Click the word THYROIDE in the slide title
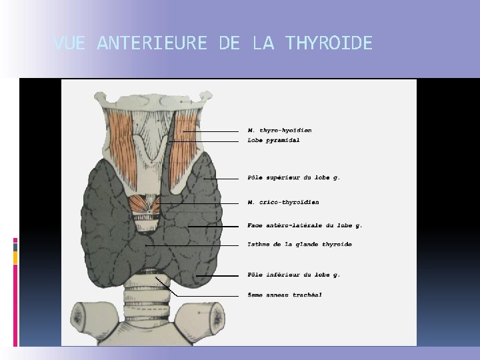[329, 44]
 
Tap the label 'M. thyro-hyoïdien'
[279, 131]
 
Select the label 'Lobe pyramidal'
[273, 141]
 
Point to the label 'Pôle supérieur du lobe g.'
[294, 178]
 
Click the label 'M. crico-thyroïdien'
[283, 202]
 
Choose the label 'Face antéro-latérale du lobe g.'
[305, 226]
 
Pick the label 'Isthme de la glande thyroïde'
[299, 245]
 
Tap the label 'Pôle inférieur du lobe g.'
[294, 275]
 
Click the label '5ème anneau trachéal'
[285, 295]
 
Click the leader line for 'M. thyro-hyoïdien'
[210, 131]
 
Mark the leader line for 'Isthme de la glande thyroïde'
[193, 245]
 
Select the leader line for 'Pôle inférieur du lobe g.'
[217, 275]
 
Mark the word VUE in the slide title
[69, 44]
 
